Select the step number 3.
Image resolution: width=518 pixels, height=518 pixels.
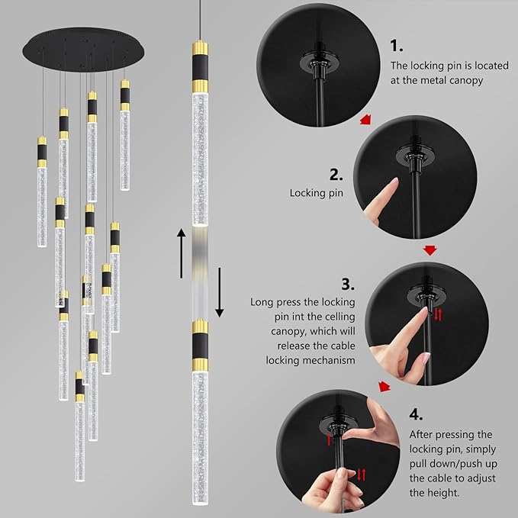point(348,285)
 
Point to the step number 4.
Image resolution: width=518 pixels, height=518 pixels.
point(415,415)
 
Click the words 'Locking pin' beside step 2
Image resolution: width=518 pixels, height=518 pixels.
point(316,194)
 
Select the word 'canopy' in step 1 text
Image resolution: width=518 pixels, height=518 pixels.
point(465,80)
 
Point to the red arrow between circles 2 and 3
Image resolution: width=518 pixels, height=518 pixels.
point(430,249)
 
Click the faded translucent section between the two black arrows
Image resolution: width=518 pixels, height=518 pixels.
point(199,271)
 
